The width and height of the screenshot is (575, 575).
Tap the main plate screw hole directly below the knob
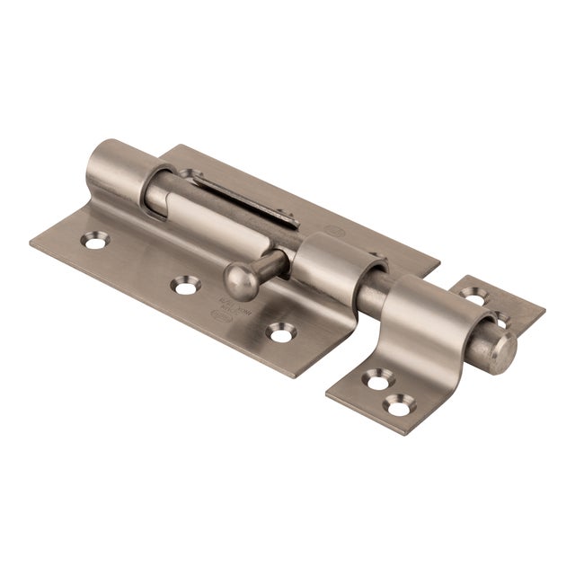click(186, 286)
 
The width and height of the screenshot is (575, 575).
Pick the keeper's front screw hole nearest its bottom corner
click(396, 405)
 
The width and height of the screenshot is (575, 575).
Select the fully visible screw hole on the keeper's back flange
click(473, 294)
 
